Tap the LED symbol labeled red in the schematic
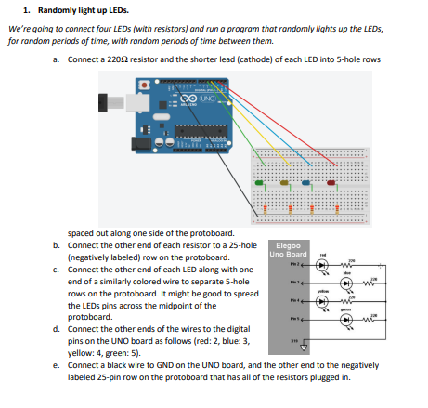(x=321, y=264)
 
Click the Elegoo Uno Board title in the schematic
(x=286, y=249)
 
